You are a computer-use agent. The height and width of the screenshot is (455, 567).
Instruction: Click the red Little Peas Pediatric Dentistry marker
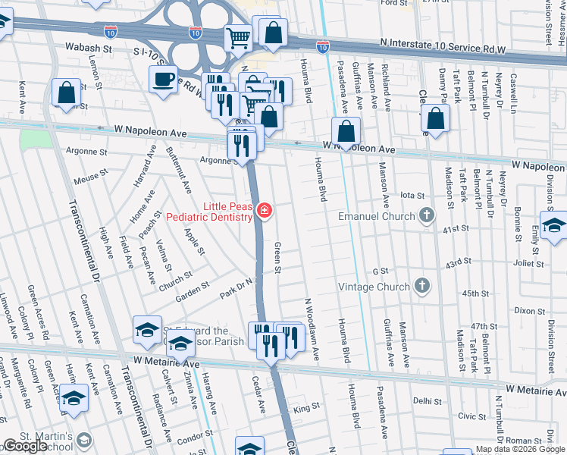point(264,211)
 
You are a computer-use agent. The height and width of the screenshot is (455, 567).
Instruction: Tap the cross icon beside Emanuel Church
point(427,216)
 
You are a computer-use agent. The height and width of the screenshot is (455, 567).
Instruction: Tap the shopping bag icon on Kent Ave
point(67,93)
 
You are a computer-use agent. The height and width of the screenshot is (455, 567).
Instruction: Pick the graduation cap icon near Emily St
point(553,225)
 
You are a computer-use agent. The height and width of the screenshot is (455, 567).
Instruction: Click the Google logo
point(25,446)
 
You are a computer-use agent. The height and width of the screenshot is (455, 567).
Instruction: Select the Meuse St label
point(89,180)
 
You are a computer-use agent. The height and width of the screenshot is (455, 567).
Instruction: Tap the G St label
point(380,270)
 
